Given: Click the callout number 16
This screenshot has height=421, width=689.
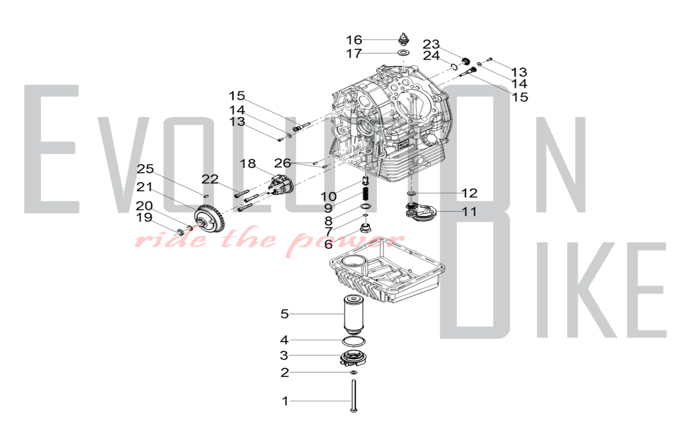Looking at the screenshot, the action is [x=354, y=40].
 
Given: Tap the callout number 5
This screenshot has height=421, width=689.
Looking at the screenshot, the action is [x=285, y=314].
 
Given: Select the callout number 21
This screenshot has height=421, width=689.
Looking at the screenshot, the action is [x=144, y=187].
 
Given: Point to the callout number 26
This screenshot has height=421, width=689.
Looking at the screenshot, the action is [x=282, y=163].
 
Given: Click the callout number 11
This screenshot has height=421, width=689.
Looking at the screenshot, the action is [x=469, y=211].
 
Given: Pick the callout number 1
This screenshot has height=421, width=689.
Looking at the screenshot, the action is [x=285, y=401].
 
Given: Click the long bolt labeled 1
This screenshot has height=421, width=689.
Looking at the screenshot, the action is [x=353, y=395].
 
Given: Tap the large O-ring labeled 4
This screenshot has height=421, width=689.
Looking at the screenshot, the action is [x=354, y=342].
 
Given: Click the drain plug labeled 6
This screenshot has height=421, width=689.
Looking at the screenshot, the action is [x=365, y=228].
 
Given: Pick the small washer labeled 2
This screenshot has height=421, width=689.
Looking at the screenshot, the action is [x=353, y=372].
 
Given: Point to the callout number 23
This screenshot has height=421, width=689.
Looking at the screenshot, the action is [x=431, y=44].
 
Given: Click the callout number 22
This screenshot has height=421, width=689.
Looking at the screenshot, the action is [x=210, y=179].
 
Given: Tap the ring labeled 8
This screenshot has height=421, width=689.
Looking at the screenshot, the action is [x=366, y=206].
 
